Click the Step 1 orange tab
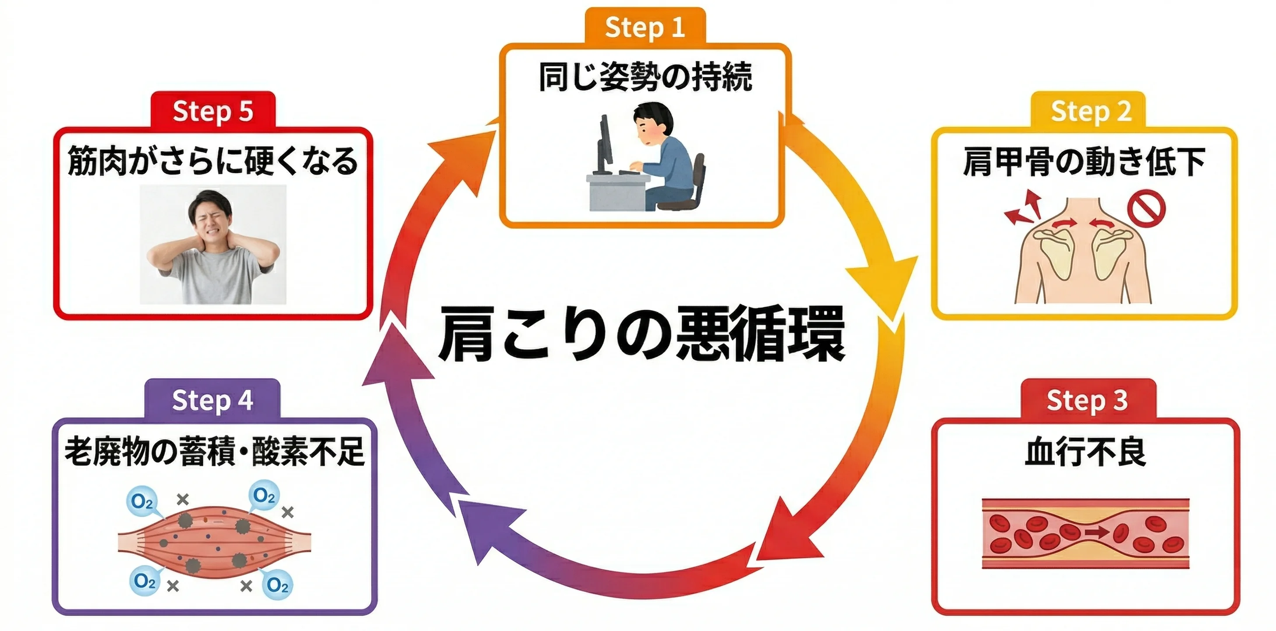tap(645, 27)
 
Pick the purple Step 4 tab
tap(213, 400)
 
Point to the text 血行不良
tap(1085, 452)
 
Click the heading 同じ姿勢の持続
tap(645, 77)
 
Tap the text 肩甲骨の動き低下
tap(1085, 162)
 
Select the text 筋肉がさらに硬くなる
tap(213, 161)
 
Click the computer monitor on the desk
tap(604, 144)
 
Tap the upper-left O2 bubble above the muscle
tap(142, 501)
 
